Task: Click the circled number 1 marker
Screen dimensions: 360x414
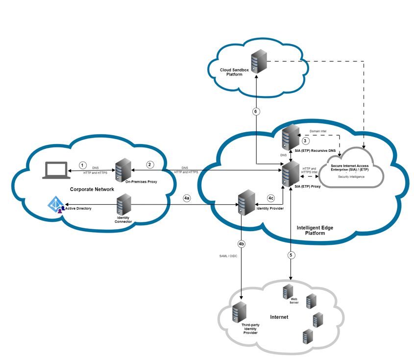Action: point(83,165)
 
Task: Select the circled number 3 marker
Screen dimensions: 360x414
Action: point(305,141)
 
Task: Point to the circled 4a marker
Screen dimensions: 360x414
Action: point(187,198)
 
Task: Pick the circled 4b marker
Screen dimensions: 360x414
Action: point(241,243)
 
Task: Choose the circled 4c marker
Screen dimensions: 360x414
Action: point(271,198)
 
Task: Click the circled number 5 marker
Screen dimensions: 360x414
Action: point(291,255)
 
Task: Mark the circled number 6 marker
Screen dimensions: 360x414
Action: point(256,112)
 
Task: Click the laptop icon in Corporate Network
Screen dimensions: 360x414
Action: point(55,170)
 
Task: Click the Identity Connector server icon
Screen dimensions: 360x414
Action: point(123,205)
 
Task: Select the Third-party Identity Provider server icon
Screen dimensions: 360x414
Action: point(240,312)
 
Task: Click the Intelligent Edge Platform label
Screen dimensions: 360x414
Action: point(315,230)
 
